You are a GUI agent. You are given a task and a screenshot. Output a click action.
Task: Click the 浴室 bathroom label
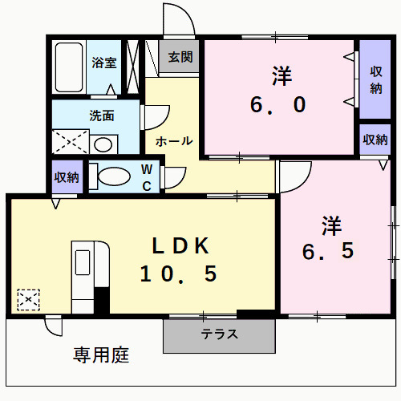104,63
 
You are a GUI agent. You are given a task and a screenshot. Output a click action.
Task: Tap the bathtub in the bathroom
69,67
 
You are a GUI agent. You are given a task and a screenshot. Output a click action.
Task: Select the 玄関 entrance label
180,57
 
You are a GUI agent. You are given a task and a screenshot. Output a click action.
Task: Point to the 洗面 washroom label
102,115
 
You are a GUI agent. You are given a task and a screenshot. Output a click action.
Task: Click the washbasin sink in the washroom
102,144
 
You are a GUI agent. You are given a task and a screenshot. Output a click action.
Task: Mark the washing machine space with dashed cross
70,143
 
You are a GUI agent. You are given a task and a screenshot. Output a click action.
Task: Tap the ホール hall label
173,141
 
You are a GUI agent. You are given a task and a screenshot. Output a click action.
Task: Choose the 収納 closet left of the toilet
67,177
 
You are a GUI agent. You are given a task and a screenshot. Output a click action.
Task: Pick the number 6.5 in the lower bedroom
327,250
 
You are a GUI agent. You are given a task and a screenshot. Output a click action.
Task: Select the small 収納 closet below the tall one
375,140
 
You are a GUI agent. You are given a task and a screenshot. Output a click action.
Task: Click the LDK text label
180,245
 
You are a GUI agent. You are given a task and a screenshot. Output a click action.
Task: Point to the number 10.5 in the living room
178,274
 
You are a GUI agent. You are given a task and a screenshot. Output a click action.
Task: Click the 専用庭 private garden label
101,354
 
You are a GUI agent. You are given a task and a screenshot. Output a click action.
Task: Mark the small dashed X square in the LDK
29,300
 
